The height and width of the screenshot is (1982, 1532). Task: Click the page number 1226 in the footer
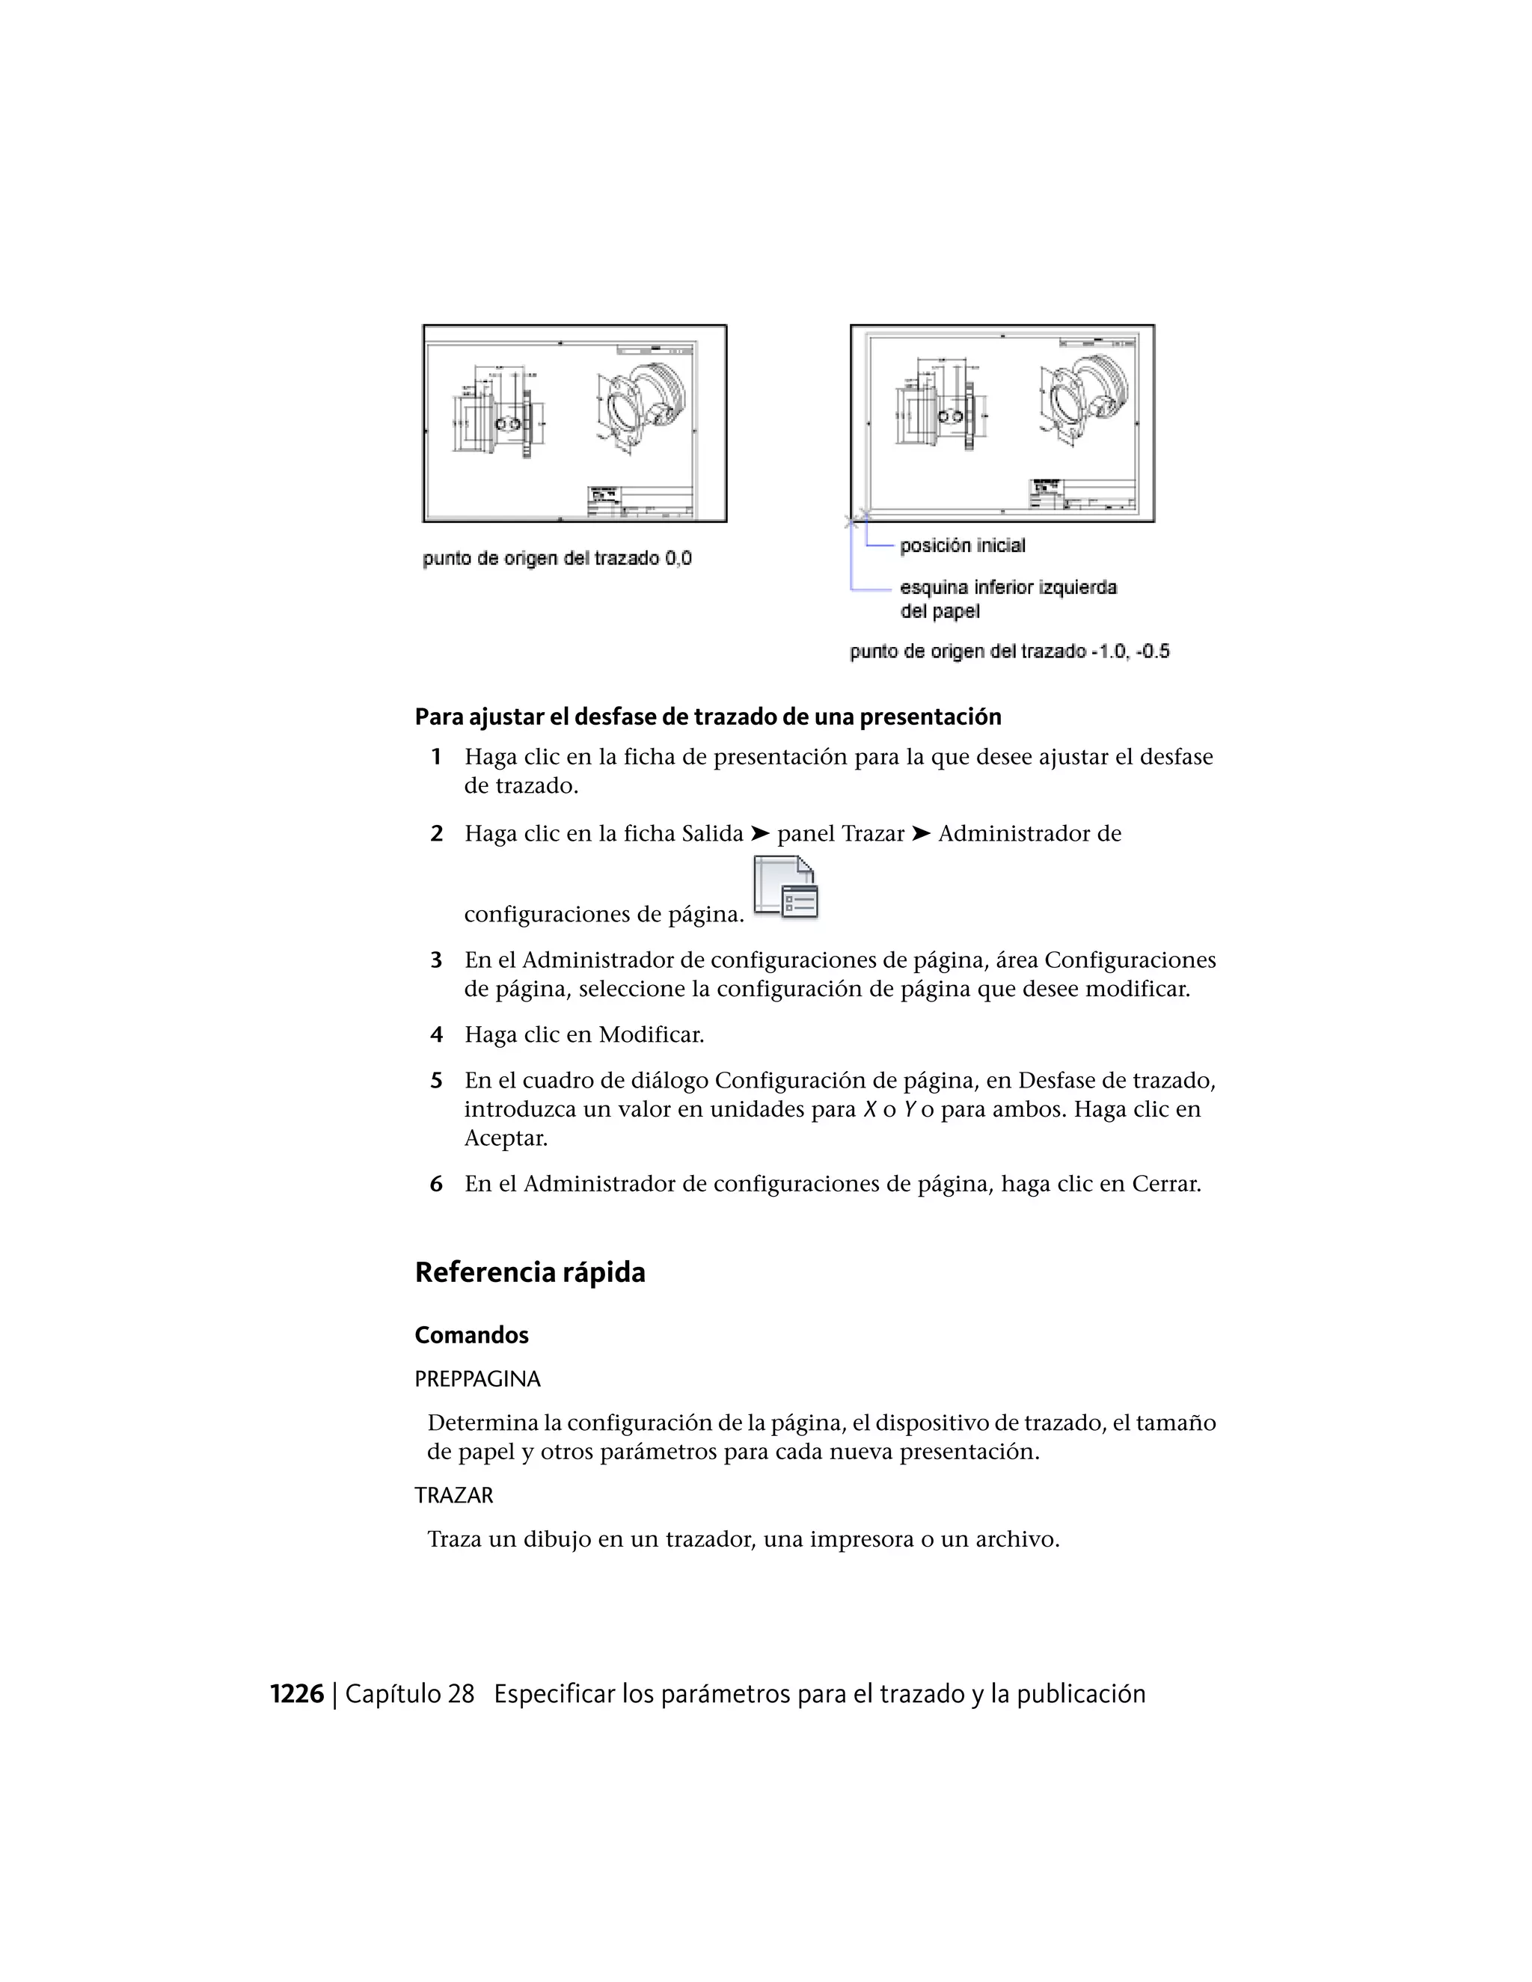(x=297, y=1694)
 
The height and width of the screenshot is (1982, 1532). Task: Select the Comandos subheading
(x=471, y=1335)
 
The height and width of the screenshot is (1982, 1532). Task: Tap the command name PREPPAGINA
(x=477, y=1379)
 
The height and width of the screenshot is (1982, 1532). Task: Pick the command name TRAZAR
(x=454, y=1496)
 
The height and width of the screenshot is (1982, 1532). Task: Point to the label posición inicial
(x=962, y=545)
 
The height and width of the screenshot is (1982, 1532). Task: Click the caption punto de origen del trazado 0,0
(x=557, y=558)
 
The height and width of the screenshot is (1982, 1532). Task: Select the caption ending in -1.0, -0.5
(x=1009, y=651)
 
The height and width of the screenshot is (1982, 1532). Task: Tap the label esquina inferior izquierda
(x=1008, y=588)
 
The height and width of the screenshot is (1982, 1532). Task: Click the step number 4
(x=437, y=1034)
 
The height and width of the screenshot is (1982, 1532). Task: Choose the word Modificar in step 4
(x=651, y=1034)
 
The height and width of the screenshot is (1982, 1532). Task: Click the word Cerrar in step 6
(x=1165, y=1184)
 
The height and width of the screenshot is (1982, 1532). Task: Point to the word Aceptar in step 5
(x=506, y=1138)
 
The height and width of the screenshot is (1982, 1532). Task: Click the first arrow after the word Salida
(x=760, y=833)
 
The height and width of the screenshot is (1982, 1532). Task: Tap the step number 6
(x=437, y=1184)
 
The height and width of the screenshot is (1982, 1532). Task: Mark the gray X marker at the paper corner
(x=851, y=522)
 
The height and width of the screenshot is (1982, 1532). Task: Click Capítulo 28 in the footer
(x=409, y=1694)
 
